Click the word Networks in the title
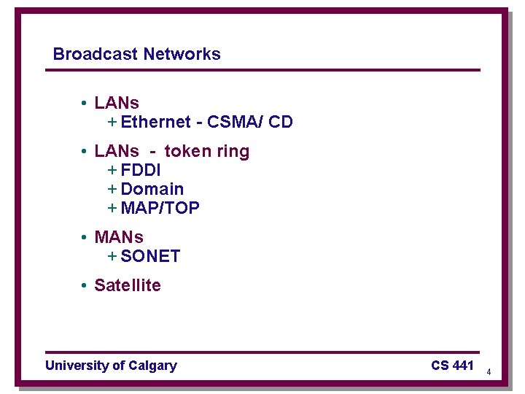pos(182,54)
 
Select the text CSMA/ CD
pos(250,122)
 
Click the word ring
pos(233,152)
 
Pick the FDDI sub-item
pos(141,170)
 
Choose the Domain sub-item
pos(152,189)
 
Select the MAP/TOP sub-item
pos(160,208)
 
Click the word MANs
pos(119,237)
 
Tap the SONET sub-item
pos(150,256)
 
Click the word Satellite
pos(128,285)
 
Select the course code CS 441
pos(452,365)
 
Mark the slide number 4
pos(489,373)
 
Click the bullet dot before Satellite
pos(85,286)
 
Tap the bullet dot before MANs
pos(85,238)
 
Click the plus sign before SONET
pos(112,256)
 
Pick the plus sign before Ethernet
pos(112,122)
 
